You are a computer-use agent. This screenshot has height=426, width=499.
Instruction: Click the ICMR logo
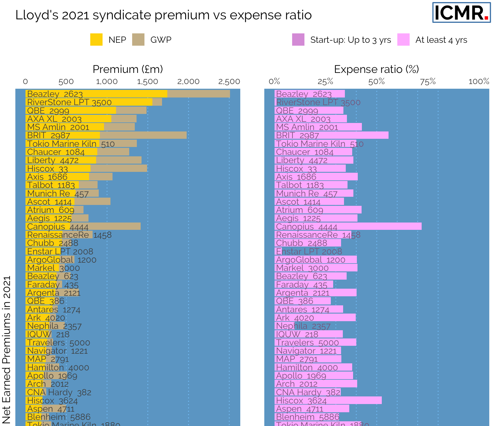(461, 13)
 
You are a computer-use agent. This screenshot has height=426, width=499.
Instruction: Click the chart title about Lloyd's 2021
(164, 15)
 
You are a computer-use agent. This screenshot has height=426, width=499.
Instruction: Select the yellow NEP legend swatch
(96, 40)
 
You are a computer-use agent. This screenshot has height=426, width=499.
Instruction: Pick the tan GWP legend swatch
(138, 40)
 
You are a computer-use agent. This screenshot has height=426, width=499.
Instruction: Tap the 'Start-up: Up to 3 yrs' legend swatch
(298, 40)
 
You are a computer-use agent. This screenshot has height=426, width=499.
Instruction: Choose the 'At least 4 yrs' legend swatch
(403, 40)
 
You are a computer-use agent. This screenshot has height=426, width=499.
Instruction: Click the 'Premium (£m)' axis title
(128, 69)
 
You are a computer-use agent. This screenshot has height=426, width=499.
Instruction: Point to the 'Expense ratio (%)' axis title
(377, 69)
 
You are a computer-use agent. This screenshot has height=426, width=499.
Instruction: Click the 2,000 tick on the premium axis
(188, 82)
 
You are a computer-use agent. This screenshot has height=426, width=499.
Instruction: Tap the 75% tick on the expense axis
(428, 82)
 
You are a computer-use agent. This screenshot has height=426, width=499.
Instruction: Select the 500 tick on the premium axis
(66, 82)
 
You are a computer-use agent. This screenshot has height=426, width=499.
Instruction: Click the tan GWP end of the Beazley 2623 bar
(198, 94)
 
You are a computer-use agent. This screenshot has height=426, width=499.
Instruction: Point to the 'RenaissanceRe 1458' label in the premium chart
(69, 235)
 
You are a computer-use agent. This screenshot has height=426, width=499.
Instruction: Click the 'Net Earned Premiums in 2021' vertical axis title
(6, 350)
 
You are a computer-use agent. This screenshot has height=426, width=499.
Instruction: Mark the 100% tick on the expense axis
(479, 82)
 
